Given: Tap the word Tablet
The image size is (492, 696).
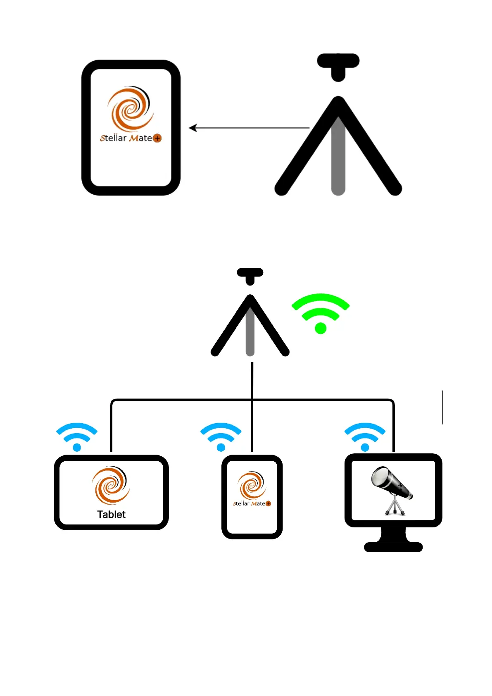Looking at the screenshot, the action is coord(111,515).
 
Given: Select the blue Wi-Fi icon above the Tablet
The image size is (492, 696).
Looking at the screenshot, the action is coord(77,436).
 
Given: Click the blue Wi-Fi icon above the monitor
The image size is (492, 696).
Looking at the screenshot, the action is coord(365,436).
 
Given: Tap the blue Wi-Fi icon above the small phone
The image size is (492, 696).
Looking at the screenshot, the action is coord(221,436).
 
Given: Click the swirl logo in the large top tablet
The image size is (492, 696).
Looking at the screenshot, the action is coord(130,108).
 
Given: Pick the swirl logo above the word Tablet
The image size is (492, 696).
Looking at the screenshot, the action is coord(111,485).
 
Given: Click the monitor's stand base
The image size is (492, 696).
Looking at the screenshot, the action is coord(393,546).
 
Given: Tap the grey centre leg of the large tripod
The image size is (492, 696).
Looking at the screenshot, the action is coord(338,161).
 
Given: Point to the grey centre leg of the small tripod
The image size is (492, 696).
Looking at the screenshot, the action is coord(250,335).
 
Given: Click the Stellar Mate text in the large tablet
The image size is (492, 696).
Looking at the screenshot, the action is coord(126,138).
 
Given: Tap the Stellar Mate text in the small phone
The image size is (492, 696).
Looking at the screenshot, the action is coord(249,503).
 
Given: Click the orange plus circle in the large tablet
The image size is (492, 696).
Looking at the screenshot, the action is coord(157,138).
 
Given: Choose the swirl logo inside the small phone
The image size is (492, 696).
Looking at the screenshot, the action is coord(252,484).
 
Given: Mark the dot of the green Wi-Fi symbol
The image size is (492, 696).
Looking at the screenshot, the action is coord(321,328).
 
